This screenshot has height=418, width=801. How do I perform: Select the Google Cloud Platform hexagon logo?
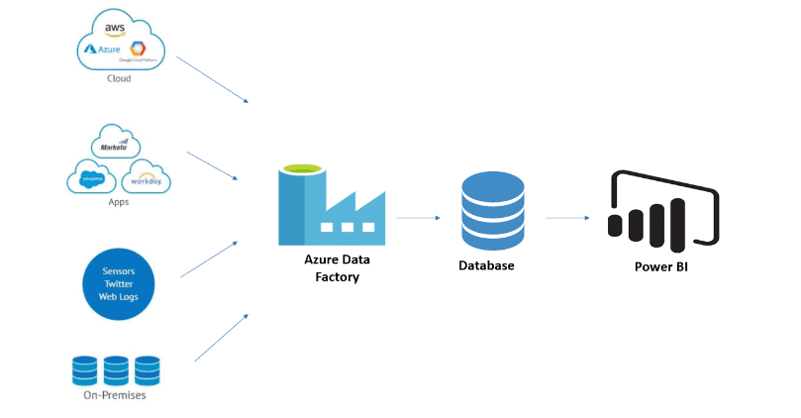coord(138,49)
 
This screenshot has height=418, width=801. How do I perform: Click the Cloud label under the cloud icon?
coord(119,78)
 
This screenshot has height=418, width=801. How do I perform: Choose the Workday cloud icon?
coord(147,179)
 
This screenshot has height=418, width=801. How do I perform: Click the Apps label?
coord(119,202)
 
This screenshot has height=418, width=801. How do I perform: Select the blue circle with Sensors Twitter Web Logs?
coord(118,283)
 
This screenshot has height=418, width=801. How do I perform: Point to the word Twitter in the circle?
coord(118,283)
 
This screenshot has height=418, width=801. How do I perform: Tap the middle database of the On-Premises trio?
coord(118,369)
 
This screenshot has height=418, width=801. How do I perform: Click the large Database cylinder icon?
coord(493,210)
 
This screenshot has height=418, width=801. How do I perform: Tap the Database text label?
coord(486,265)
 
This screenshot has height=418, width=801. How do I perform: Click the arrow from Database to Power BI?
coord(568,218)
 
